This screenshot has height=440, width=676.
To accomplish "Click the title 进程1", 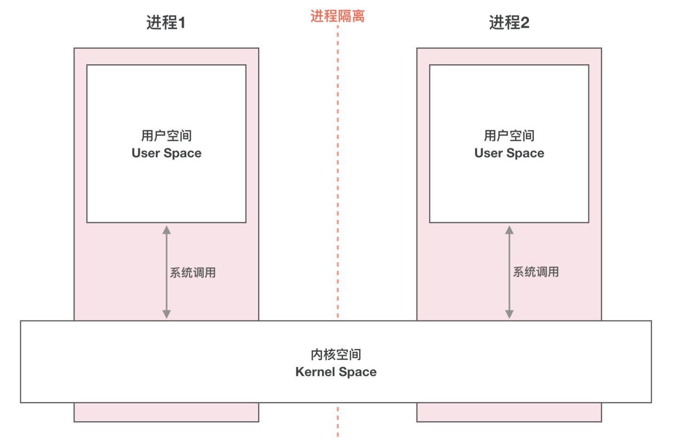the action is point(166,23).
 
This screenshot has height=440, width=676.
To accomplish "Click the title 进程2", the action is point(509,23).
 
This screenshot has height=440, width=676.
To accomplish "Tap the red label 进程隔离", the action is point(338,16).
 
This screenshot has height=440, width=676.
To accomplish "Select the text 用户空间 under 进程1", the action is point(166,136).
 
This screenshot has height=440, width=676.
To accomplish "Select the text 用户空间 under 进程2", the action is point(509,136).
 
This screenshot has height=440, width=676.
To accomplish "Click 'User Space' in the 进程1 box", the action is point(166,153).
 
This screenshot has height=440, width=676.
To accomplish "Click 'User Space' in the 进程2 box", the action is point(509,153).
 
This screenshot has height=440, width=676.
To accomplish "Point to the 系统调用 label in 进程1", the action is point(192,273).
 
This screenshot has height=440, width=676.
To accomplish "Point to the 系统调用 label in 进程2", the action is point(536,272).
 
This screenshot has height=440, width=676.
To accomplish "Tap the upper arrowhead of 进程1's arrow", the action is point(167,230).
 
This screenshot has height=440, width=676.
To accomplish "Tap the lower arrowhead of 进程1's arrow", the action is point(167,314).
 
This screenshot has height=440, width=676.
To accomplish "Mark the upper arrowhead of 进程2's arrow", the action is point(509,230).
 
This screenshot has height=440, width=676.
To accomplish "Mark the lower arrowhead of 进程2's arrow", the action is point(509,314).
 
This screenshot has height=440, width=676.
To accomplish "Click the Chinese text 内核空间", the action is point(336,355).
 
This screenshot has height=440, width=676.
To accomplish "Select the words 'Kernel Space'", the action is point(336,372).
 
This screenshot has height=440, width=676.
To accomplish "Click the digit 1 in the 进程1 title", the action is point(182,23).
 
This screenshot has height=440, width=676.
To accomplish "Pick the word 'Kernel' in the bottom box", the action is point(315,372).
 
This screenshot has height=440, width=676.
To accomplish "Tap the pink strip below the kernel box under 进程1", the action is point(166,412).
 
